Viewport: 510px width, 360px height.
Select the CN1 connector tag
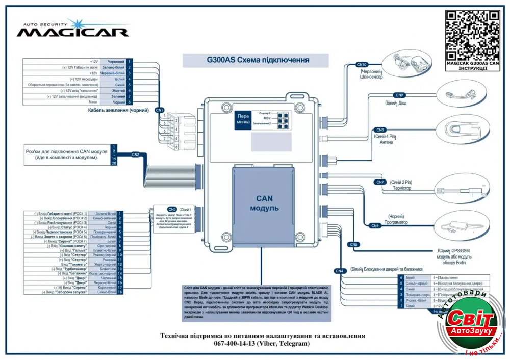pyautogui.click(x=159, y=110)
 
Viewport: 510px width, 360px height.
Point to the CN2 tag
pyautogui.click(x=135, y=154)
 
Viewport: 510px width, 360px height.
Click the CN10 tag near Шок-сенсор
pyautogui.click(x=362, y=65)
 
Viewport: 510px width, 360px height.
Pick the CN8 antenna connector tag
pyautogui.click(x=380, y=130)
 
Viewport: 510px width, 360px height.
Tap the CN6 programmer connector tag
pyautogui.click(x=375, y=225)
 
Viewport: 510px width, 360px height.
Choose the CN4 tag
pyautogui.click(x=340, y=270)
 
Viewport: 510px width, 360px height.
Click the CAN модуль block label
pyautogui.click(x=264, y=203)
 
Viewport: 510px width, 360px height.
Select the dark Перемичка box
pyautogui.click(x=243, y=119)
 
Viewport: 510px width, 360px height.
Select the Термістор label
pyautogui.click(x=400, y=188)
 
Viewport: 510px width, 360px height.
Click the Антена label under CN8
pyautogui.click(x=386, y=142)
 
